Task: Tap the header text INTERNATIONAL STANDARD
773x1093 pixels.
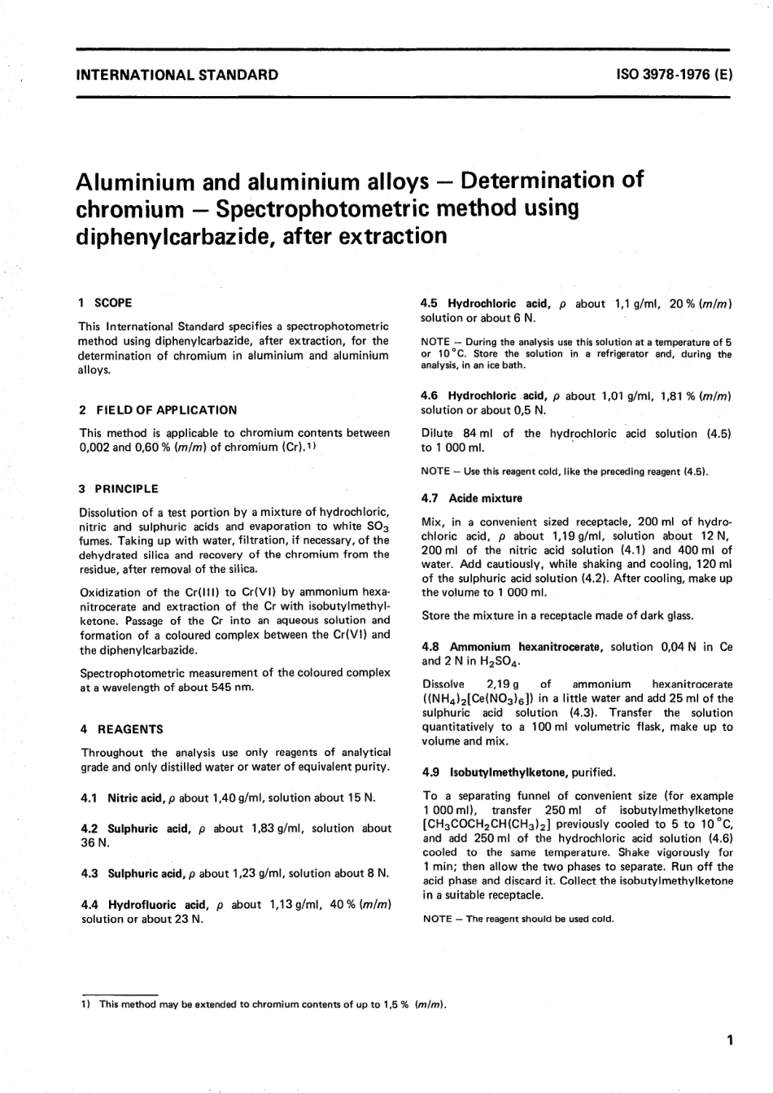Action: click(x=177, y=76)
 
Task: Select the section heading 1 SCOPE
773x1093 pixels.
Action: click(x=106, y=303)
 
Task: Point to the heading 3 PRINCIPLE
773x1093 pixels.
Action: click(x=119, y=489)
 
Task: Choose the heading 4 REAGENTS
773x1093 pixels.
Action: click(x=121, y=729)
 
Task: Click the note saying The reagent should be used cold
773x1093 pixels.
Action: click(x=518, y=919)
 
